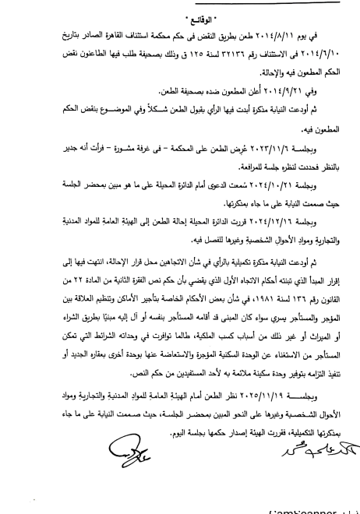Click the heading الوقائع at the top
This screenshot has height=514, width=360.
[179, 13]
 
